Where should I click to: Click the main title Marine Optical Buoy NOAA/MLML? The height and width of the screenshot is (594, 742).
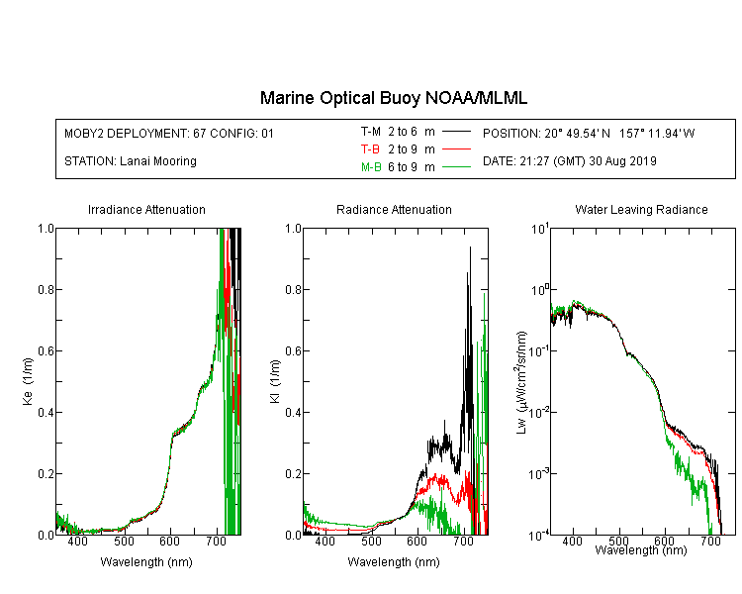[x=393, y=98]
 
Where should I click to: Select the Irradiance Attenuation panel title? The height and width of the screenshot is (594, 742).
[x=146, y=209]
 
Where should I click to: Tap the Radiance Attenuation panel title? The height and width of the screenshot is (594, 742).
[x=394, y=209]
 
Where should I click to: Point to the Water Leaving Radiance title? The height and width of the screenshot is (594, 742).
[x=641, y=209]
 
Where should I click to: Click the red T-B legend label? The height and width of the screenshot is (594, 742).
[x=370, y=149]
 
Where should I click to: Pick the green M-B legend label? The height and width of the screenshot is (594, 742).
[x=371, y=167]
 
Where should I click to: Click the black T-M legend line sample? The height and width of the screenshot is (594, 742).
[x=456, y=132]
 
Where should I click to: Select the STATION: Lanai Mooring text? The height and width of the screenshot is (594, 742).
[x=131, y=161]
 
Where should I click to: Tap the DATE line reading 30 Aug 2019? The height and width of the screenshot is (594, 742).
[x=569, y=161]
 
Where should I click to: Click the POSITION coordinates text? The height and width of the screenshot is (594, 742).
[x=589, y=133]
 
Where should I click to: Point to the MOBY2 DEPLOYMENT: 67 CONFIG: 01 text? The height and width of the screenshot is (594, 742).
[x=169, y=133]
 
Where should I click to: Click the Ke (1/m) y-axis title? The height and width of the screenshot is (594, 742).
[x=28, y=381]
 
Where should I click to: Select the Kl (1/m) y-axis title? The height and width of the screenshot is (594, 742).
[x=275, y=381]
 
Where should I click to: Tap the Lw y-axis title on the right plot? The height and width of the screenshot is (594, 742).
[x=521, y=382]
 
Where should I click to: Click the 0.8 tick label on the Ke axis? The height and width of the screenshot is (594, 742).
[x=46, y=289]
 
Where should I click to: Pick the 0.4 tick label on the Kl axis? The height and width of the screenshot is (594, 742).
[x=294, y=413]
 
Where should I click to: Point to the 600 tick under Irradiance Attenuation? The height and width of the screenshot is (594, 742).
[x=170, y=541]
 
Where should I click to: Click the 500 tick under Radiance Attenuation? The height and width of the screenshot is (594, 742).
[x=371, y=541]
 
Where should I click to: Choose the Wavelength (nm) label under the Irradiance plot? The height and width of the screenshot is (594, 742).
[x=146, y=562]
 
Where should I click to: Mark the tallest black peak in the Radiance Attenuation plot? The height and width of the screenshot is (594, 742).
[x=470, y=247]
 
